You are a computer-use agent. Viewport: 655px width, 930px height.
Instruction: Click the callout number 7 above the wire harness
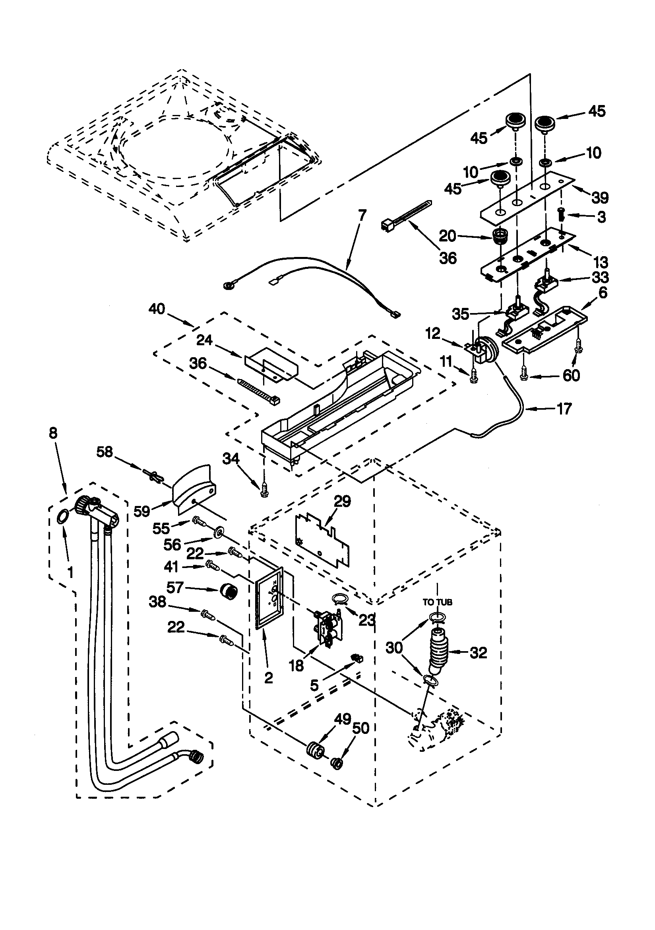362,215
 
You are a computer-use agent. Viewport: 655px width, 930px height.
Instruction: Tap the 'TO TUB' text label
437,602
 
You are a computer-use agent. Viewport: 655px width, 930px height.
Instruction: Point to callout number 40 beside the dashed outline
157,309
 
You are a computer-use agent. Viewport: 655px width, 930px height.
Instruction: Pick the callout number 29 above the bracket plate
342,502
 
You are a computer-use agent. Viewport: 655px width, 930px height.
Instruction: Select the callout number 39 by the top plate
599,198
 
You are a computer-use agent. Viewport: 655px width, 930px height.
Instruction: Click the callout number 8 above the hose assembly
53,434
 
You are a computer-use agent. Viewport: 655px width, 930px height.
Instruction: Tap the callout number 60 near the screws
571,376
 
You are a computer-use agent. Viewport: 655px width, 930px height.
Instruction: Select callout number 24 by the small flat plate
204,340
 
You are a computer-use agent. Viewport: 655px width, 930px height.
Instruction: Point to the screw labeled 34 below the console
264,492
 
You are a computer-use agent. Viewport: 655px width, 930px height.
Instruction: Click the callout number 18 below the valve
297,665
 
